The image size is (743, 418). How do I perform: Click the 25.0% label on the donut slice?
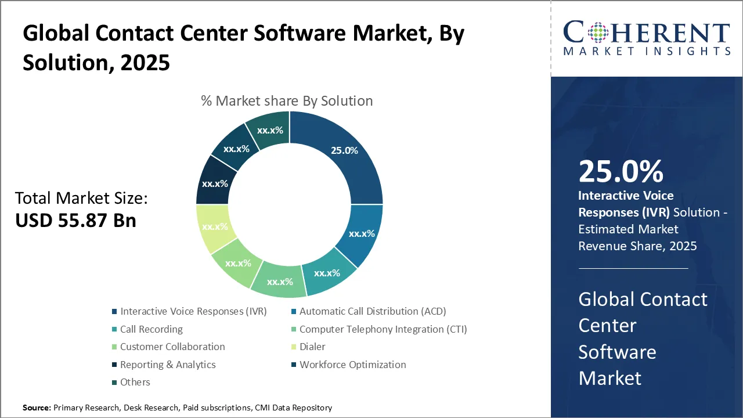point(344,150)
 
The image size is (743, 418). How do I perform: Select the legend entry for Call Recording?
point(151,329)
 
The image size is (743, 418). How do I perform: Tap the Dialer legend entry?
point(312,347)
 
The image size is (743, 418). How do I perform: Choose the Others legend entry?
point(135,382)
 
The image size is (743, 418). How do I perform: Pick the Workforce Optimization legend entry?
point(352,365)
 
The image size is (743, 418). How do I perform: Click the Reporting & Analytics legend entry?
point(167,365)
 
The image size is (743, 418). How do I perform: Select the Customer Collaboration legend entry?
point(172,347)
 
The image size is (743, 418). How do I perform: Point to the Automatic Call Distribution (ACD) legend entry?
point(372,311)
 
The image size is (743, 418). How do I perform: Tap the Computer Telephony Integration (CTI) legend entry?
point(383,329)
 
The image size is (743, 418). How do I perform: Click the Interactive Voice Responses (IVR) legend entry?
point(193,311)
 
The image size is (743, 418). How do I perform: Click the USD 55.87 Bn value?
point(75,220)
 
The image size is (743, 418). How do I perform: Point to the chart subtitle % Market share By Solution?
point(287,101)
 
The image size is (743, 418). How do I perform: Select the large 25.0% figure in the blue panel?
point(621,171)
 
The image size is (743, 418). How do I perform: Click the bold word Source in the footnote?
point(37,408)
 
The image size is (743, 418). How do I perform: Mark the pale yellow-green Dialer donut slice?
point(215,228)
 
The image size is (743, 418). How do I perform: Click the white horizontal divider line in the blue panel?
point(633,268)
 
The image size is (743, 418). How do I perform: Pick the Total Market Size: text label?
point(81,198)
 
